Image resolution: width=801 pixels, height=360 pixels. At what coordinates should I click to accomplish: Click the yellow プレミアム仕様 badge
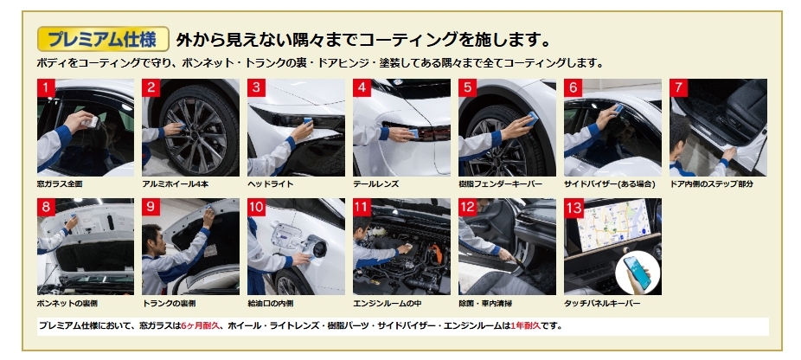coord(103,39)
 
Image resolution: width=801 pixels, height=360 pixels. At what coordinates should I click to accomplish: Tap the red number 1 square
coord(46,87)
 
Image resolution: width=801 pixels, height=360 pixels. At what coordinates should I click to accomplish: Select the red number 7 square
coord(678,87)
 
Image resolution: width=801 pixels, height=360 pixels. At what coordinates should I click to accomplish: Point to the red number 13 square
coord(574,208)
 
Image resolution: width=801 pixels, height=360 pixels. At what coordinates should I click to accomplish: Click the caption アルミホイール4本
coord(168,183)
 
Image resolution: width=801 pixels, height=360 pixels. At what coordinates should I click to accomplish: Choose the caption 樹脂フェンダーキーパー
coord(500,183)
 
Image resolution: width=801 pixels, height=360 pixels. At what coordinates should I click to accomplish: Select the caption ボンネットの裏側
coord(67,303)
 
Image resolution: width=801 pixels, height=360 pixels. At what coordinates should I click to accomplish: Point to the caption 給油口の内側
coord(270,303)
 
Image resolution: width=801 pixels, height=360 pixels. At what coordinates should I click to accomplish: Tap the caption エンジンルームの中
coord(387,303)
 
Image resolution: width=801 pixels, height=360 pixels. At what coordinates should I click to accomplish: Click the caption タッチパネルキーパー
coord(602,303)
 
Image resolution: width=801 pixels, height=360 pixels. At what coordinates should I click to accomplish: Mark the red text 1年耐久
coord(525,325)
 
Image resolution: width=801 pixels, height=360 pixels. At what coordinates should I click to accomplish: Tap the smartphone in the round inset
coord(637,273)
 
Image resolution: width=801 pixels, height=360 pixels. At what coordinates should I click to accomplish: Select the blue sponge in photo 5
coord(531,118)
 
